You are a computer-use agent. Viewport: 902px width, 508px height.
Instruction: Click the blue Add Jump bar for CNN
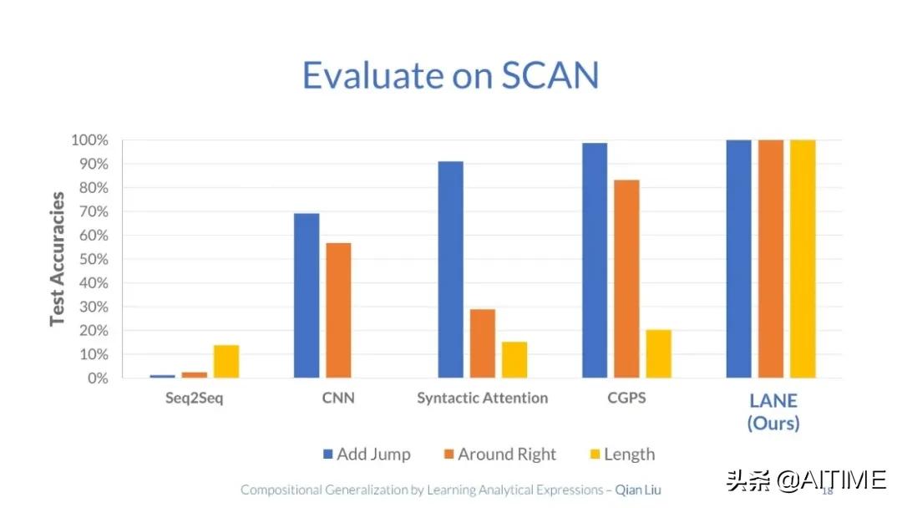click(x=307, y=296)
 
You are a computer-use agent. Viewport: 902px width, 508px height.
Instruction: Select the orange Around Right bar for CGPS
click(x=626, y=279)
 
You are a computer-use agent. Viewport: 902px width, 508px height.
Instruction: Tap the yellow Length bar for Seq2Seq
click(x=225, y=361)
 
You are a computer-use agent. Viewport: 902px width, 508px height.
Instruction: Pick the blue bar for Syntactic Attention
click(x=450, y=269)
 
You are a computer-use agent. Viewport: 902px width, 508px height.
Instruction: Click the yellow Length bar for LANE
click(x=803, y=259)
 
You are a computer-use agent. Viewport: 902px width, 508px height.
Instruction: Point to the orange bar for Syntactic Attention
click(x=482, y=343)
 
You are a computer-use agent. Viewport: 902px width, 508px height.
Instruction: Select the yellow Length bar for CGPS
click(x=658, y=353)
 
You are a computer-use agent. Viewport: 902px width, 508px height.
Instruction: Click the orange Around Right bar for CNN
click(x=338, y=310)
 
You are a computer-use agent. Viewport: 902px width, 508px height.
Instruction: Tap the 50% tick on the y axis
click(x=93, y=259)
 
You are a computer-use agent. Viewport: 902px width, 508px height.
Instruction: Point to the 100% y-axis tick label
click(x=89, y=140)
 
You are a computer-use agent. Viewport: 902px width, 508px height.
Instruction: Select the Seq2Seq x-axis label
click(x=194, y=398)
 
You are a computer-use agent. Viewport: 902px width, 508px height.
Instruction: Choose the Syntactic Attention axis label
click(x=482, y=398)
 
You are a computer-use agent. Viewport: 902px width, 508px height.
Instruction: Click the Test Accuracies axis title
click(x=58, y=259)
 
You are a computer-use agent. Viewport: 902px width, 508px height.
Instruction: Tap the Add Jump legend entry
click(x=366, y=455)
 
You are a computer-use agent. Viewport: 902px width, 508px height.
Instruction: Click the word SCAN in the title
click(x=550, y=76)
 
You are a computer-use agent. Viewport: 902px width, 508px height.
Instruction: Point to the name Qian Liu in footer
click(x=637, y=490)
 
